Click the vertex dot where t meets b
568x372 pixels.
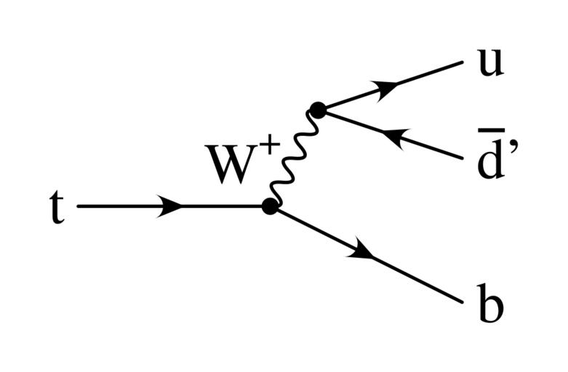(270, 206)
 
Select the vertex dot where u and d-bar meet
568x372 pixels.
(316, 110)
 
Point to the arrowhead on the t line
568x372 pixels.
(172, 206)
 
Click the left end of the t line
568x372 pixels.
(79, 206)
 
